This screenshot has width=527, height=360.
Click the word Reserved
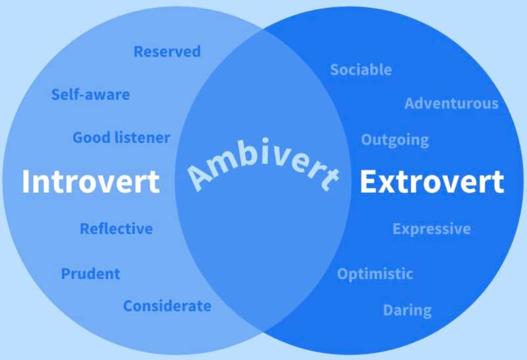(x=167, y=51)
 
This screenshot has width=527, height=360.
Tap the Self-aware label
(x=90, y=94)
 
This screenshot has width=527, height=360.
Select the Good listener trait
(x=121, y=138)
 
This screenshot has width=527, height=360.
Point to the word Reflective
(x=117, y=228)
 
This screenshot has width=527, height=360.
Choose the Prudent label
(x=90, y=274)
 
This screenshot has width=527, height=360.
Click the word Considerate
(x=167, y=306)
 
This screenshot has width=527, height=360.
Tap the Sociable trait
(x=361, y=70)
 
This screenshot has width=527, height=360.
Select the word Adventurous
(x=451, y=103)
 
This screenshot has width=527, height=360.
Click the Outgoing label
(x=395, y=140)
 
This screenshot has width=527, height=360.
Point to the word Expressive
(x=431, y=229)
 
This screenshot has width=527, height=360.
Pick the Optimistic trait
(x=375, y=274)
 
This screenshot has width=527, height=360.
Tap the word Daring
(x=407, y=311)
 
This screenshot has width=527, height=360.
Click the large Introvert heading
(x=91, y=182)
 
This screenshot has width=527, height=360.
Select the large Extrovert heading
(x=432, y=182)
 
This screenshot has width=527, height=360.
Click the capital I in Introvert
(x=25, y=182)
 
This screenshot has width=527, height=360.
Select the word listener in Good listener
(x=142, y=138)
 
